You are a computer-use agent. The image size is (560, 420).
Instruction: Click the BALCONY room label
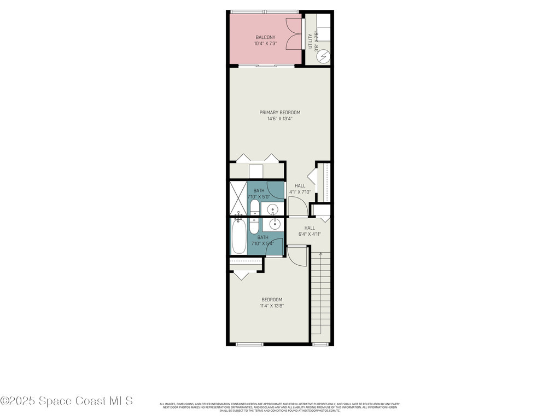click(x=265, y=37)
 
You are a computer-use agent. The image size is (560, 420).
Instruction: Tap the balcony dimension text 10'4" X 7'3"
click(x=265, y=43)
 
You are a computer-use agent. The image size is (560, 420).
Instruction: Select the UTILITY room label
click(x=311, y=41)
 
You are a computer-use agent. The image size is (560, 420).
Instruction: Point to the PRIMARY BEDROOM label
click(x=279, y=113)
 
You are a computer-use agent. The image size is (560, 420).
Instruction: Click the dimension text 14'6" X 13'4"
click(x=279, y=119)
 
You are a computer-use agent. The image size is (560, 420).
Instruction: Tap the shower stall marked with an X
click(x=238, y=198)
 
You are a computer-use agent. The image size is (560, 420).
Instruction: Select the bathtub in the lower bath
click(x=238, y=236)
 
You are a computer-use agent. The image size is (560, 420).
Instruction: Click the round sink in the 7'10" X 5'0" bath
click(x=273, y=209)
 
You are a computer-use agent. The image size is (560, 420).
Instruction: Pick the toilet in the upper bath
click(x=255, y=208)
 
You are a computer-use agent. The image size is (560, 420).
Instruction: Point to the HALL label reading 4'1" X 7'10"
click(x=300, y=186)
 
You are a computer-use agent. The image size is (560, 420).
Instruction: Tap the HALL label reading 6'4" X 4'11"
click(x=310, y=228)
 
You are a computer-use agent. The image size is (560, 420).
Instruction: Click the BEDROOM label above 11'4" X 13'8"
click(x=272, y=300)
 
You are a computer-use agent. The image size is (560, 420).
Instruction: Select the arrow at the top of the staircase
click(x=320, y=254)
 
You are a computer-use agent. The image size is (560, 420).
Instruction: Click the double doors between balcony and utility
click(x=295, y=34)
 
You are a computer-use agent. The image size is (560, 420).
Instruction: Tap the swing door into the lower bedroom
click(x=297, y=256)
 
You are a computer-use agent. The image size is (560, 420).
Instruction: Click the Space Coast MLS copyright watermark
click(x=66, y=401)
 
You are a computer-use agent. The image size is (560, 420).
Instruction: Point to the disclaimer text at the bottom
click(x=279, y=407)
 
